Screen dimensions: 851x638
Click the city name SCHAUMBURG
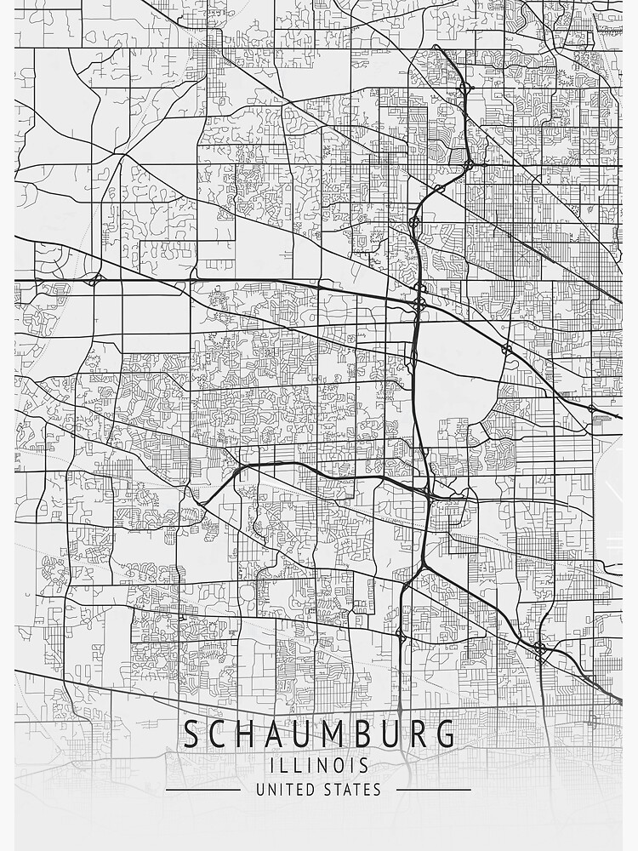(319, 734)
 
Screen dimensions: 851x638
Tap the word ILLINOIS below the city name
(319, 766)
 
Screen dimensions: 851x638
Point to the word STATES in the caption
(353, 790)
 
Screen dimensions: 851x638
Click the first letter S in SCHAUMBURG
(193, 734)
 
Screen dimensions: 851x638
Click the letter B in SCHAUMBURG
(384, 734)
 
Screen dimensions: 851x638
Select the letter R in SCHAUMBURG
(413, 734)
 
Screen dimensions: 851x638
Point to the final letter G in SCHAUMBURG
(444, 734)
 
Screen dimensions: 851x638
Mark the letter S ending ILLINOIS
(363, 766)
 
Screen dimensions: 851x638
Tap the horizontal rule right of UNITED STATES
(434, 790)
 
